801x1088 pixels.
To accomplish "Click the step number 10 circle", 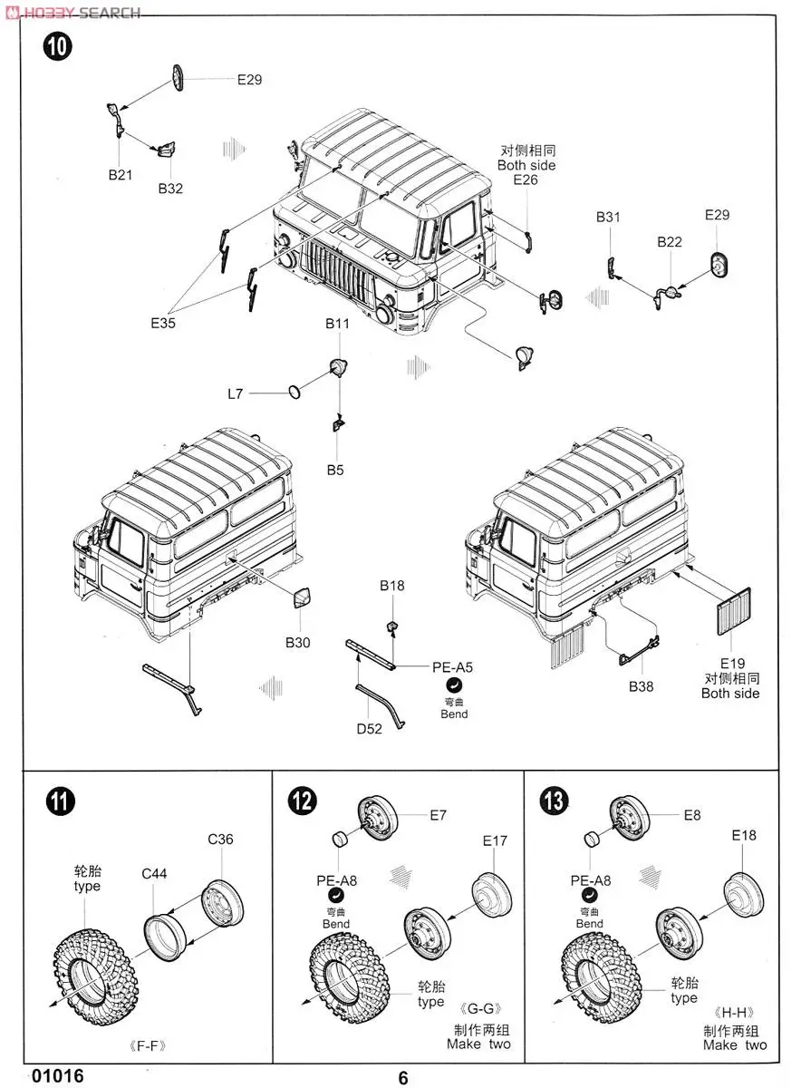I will tap(57, 47).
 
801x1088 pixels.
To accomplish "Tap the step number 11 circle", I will tap(60, 801).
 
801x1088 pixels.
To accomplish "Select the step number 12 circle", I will tap(303, 801).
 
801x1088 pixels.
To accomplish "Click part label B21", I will tap(121, 175).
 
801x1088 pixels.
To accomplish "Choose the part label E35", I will tap(164, 323).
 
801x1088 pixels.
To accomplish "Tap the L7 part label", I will tap(236, 393).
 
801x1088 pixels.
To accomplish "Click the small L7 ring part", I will tap(294, 392).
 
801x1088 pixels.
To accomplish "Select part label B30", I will tap(298, 642).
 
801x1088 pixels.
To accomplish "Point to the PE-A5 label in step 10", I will tap(452, 667).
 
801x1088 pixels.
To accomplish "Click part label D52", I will tap(369, 728).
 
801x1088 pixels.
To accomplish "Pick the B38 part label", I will tap(641, 686).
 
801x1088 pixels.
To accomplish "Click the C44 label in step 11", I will tap(154, 874).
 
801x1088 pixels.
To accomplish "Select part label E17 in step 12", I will tap(495, 840).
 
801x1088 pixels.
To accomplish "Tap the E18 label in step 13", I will tap(742, 835).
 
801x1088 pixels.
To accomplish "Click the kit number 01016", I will tap(57, 1075).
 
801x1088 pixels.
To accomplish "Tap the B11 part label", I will tap(338, 324).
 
